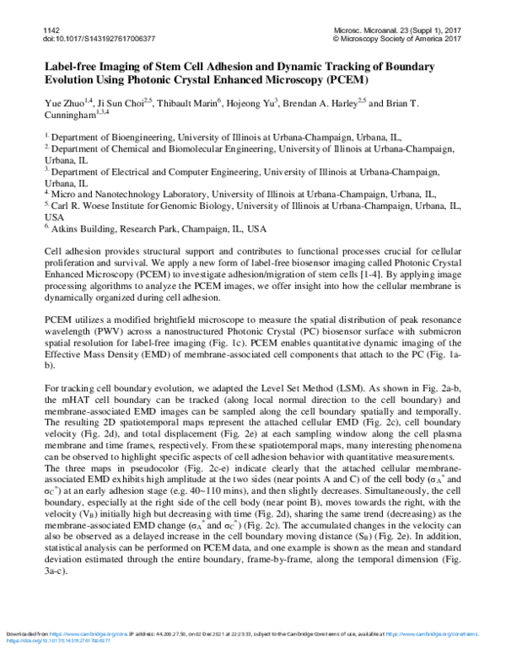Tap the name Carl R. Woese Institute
[93, 205]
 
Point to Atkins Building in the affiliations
[78, 228]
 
